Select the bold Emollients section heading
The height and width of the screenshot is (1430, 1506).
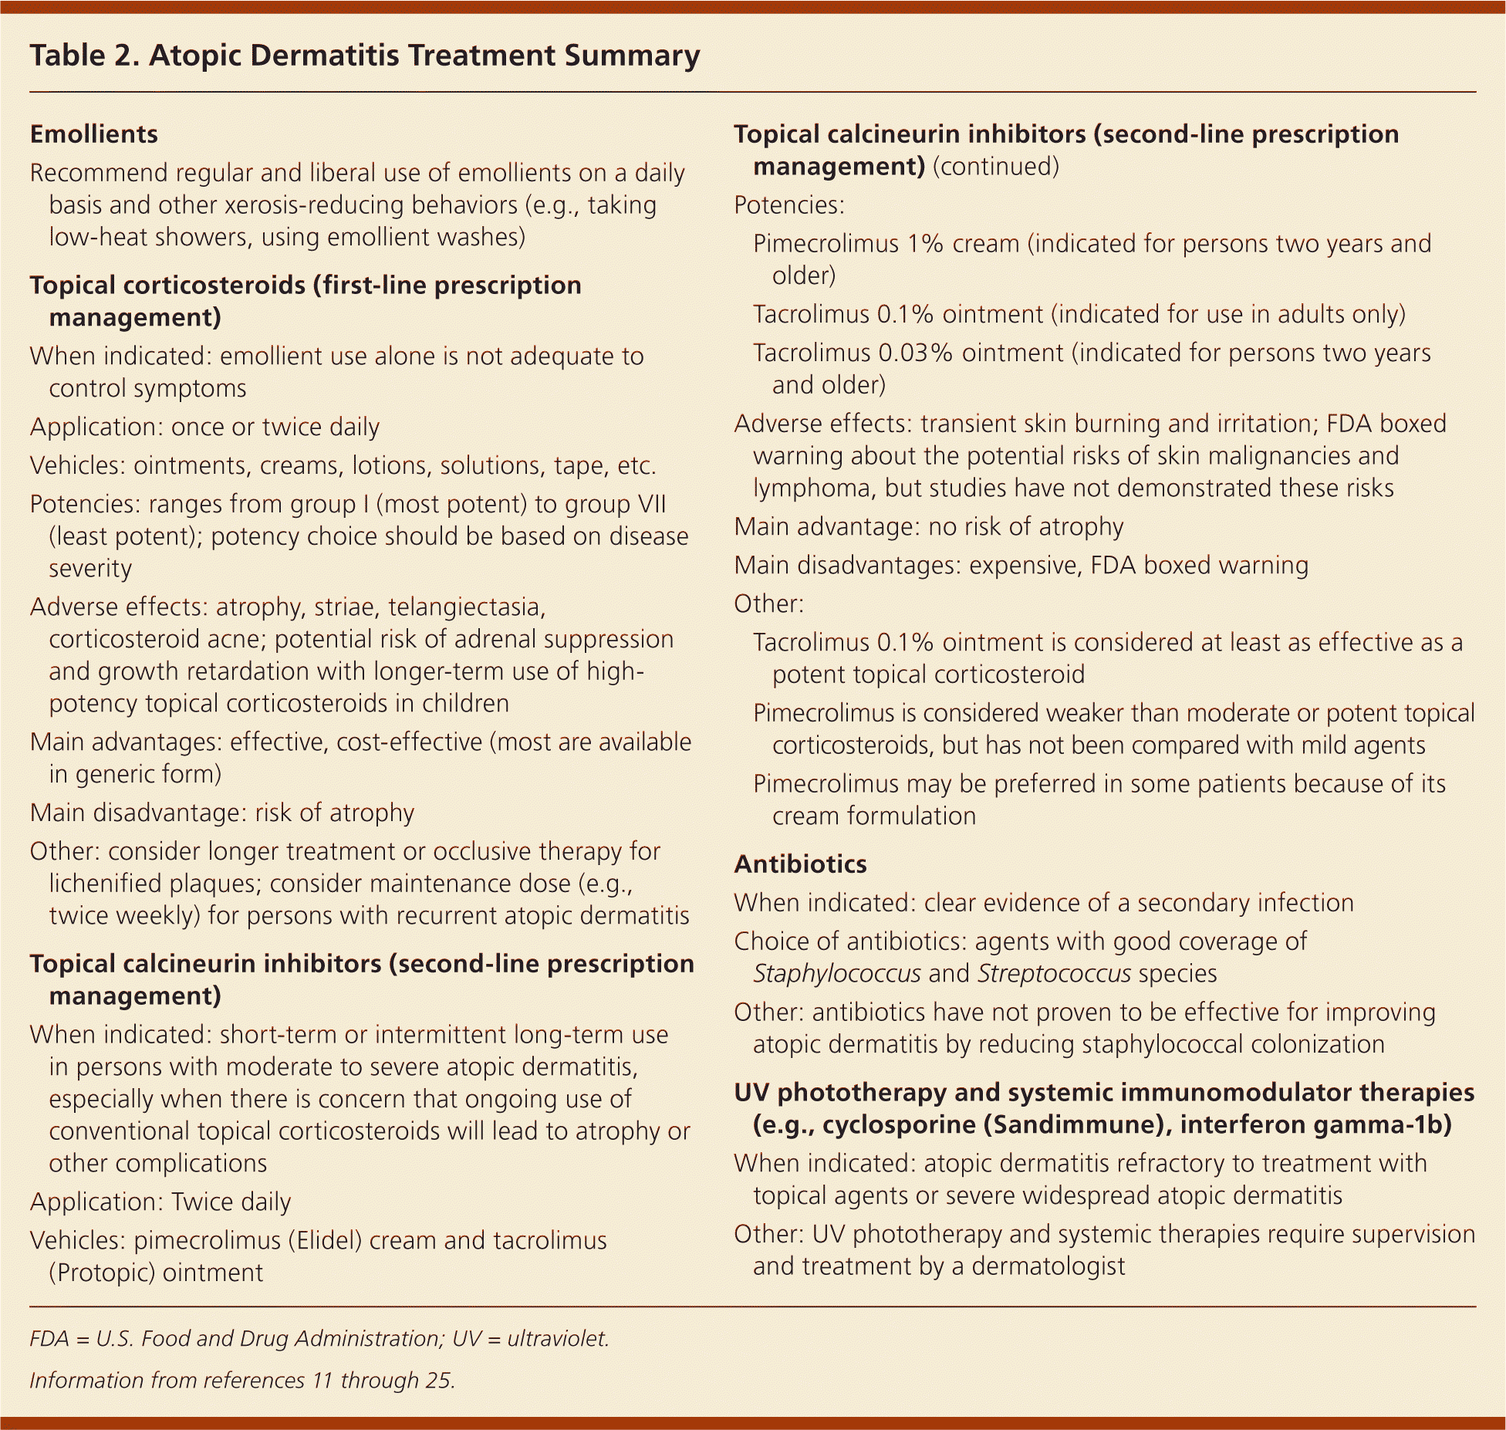coord(93,134)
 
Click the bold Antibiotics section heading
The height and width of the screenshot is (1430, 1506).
coord(800,864)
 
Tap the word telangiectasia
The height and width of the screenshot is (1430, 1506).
coord(467,607)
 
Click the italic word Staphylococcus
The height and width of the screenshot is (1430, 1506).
coord(836,973)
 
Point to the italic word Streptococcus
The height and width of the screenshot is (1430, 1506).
coord(1054,973)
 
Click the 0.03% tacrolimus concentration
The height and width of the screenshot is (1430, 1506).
coord(916,353)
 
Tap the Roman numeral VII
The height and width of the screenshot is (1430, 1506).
coord(649,504)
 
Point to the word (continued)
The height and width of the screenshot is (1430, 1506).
coord(995,167)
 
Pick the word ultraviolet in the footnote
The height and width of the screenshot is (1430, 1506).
coord(558,1338)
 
